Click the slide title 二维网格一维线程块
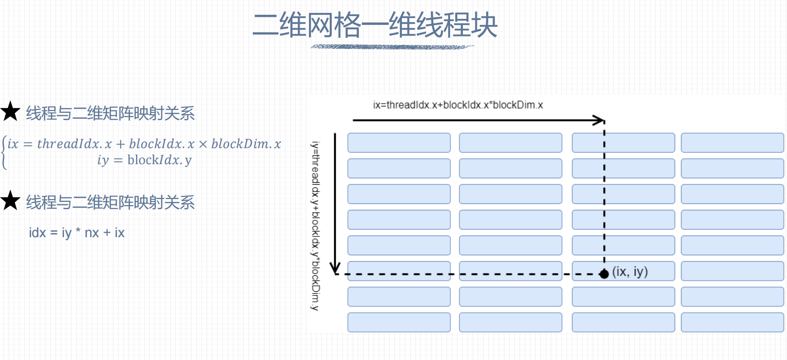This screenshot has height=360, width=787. pyautogui.click(x=375, y=25)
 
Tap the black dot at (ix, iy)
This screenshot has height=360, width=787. pyautogui.click(x=604, y=274)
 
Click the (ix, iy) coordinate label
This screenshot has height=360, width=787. pyautogui.click(x=630, y=272)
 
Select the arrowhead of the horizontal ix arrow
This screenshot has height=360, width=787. pyautogui.click(x=600, y=120)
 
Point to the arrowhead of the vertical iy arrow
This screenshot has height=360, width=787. pyautogui.click(x=335, y=268)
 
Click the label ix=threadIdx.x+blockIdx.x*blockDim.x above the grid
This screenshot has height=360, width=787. pyautogui.click(x=458, y=105)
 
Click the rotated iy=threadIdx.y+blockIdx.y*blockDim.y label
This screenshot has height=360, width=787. pyautogui.click(x=316, y=226)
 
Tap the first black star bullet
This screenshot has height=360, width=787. pyautogui.click(x=10, y=112)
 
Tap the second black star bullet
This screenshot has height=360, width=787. pyautogui.click(x=10, y=201)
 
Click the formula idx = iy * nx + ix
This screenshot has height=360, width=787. pyautogui.click(x=77, y=233)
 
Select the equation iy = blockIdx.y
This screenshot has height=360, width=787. pyautogui.click(x=144, y=160)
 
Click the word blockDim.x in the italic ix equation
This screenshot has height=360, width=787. pyautogui.click(x=246, y=144)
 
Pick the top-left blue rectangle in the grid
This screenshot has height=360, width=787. pyautogui.click(x=399, y=143)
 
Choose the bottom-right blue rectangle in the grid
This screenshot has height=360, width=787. pyautogui.click(x=732, y=322)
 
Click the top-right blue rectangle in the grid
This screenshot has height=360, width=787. pyautogui.click(x=732, y=143)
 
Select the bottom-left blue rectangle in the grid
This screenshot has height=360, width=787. pyautogui.click(x=399, y=322)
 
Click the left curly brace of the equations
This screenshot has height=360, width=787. pyautogui.click(x=4, y=153)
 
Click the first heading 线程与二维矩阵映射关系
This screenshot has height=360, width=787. pyautogui.click(x=110, y=113)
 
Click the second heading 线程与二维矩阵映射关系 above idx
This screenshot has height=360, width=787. pyautogui.click(x=110, y=202)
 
